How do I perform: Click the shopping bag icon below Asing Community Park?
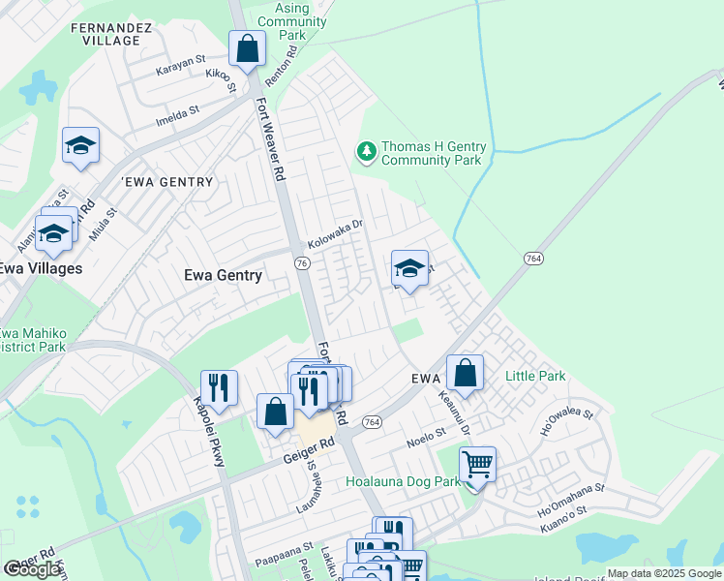click(x=248, y=48)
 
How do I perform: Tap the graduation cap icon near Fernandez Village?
click(x=81, y=146)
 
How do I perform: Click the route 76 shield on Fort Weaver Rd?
click(x=303, y=263)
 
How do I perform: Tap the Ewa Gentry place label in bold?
click(x=223, y=275)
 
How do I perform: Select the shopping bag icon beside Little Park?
click(x=465, y=374)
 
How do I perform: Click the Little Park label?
click(x=535, y=375)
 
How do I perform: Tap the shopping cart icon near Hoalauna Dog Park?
click(x=477, y=466)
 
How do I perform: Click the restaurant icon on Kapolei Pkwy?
click(x=219, y=389)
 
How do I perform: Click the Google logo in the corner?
click(x=33, y=569)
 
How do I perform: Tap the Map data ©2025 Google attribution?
click(x=663, y=573)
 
